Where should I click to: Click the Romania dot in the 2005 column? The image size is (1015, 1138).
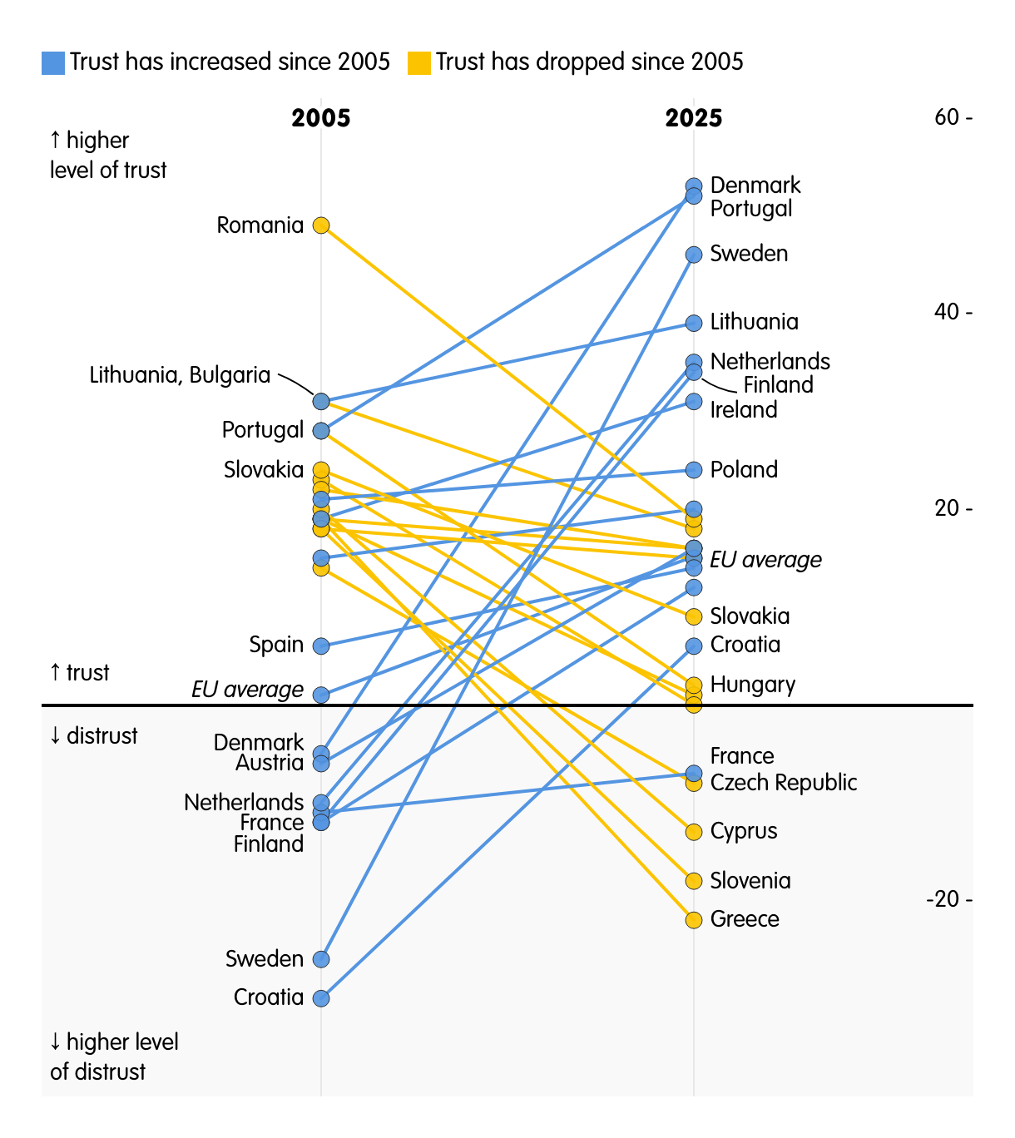coord(321,225)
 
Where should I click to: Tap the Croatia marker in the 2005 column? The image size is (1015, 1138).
coord(321,998)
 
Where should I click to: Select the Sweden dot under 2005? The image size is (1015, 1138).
coord(321,959)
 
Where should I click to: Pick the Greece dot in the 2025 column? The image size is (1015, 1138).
coord(694,920)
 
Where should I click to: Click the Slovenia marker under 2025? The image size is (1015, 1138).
coord(694,881)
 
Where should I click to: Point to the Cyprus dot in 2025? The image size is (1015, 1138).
coord(694,832)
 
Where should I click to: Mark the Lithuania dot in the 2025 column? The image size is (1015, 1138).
coord(694,323)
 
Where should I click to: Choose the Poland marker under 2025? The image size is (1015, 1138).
coord(694,470)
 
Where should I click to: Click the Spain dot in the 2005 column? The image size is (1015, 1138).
coord(321,646)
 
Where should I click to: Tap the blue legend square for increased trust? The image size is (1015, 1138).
coord(53,63)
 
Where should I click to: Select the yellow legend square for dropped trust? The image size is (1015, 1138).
coord(419,63)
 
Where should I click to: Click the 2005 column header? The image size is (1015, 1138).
coord(321,119)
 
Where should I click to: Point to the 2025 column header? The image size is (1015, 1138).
coord(694,119)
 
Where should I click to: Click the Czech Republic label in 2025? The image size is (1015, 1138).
coord(783,783)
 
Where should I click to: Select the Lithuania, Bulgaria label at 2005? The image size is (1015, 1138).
coord(180,376)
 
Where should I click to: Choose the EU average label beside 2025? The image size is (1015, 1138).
coord(765,560)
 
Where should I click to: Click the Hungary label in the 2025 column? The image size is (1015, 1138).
coord(752,685)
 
